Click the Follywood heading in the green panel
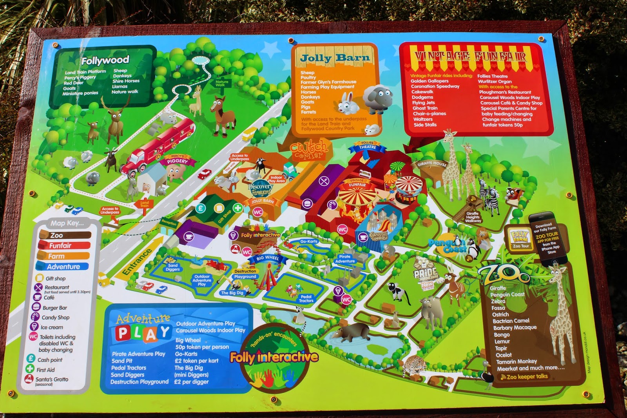105,60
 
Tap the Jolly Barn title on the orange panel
335,58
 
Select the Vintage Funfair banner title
470,56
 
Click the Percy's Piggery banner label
178,160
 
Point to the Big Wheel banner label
268,258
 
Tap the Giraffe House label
432,164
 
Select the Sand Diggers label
172,267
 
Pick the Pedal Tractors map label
306,299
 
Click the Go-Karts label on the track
309,242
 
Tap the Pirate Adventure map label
345,259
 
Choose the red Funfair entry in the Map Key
60,246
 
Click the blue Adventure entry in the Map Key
63,267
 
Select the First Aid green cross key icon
30,369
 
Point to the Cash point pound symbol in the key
31,359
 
